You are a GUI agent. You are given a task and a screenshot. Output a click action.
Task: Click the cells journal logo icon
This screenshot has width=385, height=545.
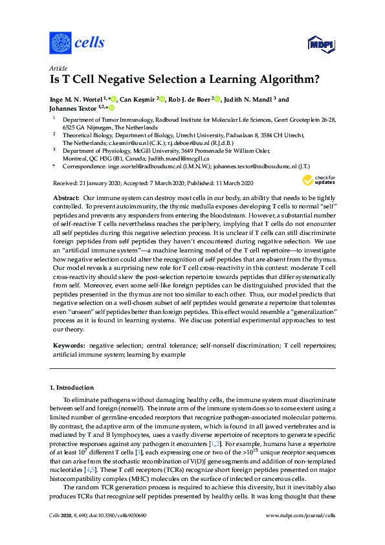coord(60,43)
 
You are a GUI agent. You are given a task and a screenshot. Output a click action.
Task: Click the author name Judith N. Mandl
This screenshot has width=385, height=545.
coord(248,100)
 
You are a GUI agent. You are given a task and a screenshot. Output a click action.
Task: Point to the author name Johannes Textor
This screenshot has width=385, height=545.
coord(72,109)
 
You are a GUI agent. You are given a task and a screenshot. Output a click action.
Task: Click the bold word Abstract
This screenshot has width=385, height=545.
coord(65,196)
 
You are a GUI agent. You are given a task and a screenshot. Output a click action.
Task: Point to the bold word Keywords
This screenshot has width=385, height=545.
coord(69,346)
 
